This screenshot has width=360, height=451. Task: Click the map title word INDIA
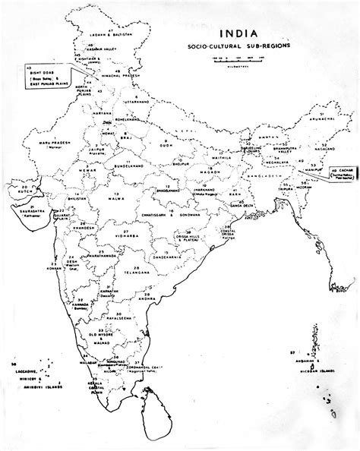(x=238, y=34)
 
